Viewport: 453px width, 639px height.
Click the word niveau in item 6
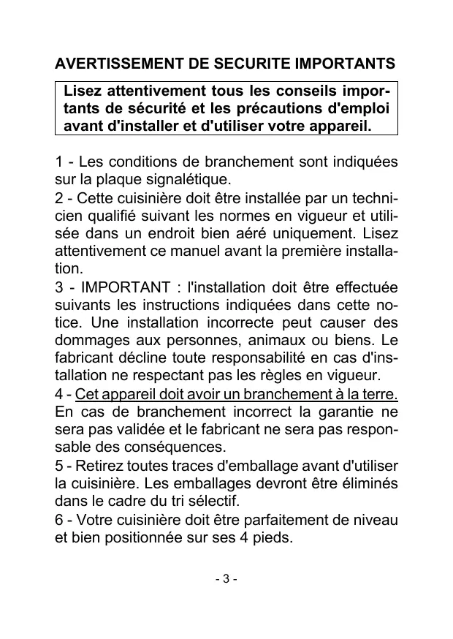(377, 521)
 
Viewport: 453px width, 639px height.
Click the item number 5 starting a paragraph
(59, 467)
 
